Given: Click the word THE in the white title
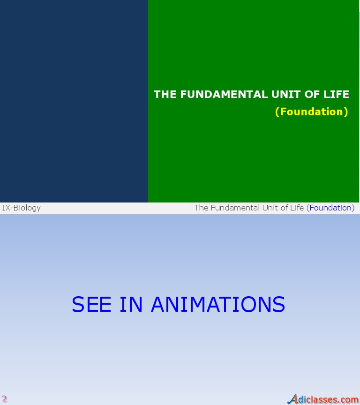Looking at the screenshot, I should click(165, 94).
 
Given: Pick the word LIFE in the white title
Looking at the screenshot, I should click(337, 94).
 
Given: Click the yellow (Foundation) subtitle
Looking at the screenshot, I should click(312, 112).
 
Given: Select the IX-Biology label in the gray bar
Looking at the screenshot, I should click(22, 208).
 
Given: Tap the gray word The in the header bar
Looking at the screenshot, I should click(201, 208).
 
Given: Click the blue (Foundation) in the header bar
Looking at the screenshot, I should click(330, 208).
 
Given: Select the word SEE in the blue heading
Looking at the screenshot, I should click(91, 305).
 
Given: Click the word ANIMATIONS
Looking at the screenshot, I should click(218, 305).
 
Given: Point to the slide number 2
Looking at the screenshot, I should click(5, 399).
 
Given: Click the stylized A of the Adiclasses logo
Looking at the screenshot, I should click(293, 399).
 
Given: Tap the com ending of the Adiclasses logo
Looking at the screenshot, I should click(350, 400).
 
